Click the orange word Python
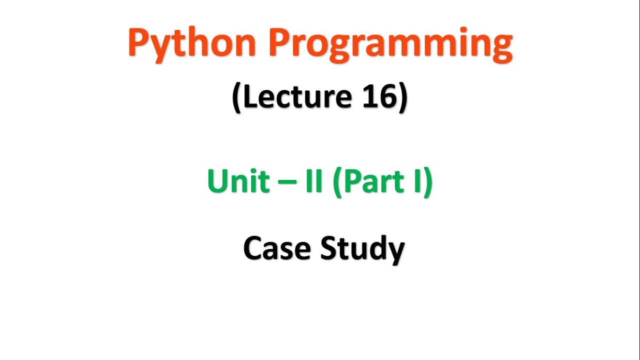[x=192, y=43]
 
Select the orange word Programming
[x=390, y=44]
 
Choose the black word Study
[x=362, y=248]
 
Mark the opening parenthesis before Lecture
[x=236, y=97]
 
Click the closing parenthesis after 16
[x=403, y=97]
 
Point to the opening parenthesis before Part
[x=336, y=182]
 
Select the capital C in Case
[x=253, y=248]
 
